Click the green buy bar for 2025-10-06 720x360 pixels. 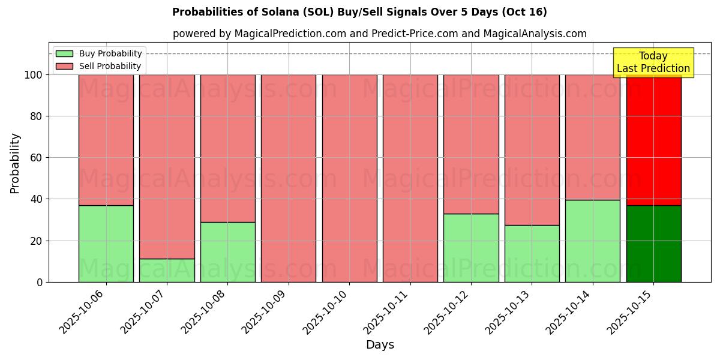coord(106,244)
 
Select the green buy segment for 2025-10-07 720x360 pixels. coord(167,270)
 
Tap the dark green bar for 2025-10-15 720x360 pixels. coord(653,244)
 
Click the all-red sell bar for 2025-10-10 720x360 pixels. coord(349,178)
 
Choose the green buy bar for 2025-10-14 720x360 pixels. coord(593,241)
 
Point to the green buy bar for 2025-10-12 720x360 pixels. coord(471,248)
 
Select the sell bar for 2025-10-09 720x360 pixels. coord(289,178)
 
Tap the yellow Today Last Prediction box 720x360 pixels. coord(653,62)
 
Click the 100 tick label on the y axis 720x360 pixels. coord(34,75)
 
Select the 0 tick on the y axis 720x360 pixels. coord(40,282)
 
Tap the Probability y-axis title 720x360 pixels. coord(15,163)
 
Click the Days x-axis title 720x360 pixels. coord(380,345)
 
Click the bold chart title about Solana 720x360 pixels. coord(359,12)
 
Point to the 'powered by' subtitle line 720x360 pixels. coord(379,34)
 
